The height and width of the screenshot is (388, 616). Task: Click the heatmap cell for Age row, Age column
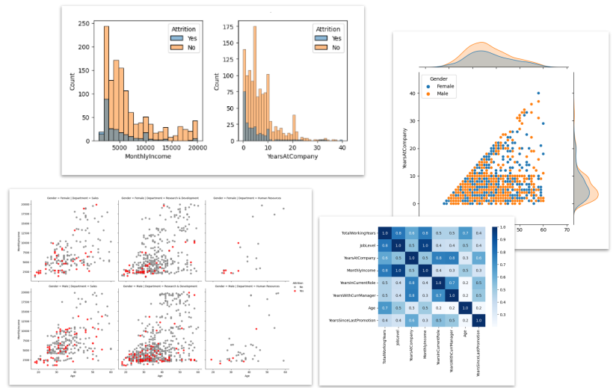465,307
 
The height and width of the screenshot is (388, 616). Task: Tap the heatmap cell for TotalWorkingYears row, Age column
465,234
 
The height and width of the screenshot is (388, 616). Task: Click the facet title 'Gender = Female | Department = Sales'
75,197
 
